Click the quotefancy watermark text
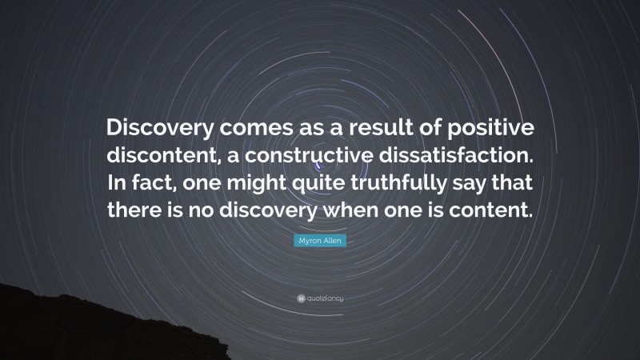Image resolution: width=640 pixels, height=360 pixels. (326, 298)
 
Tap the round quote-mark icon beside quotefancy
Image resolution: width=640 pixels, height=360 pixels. (300, 298)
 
